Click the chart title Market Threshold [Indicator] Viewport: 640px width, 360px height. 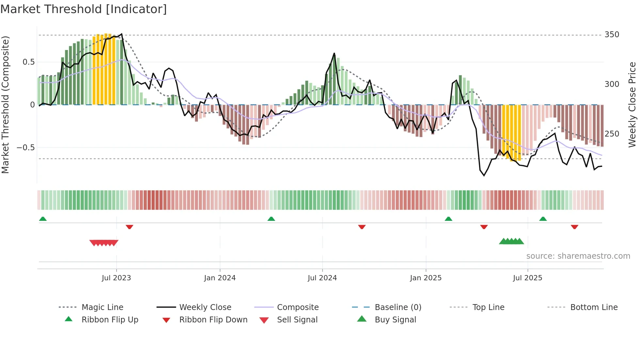pyautogui.click(x=84, y=9)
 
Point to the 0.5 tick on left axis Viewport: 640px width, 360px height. pyautogui.click(x=28, y=62)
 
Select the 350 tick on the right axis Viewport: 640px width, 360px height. pyautogui.click(x=612, y=35)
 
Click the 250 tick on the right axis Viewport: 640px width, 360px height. pyautogui.click(x=612, y=134)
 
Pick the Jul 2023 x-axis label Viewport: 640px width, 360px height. pyautogui.click(x=116, y=278)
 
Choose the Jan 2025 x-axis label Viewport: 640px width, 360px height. pyautogui.click(x=425, y=278)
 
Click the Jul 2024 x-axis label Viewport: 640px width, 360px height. pyautogui.click(x=322, y=278)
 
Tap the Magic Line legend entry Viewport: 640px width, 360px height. pyautogui.click(x=102, y=307)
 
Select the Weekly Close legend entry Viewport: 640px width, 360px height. pyautogui.click(x=205, y=307)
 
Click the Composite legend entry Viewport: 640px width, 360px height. pyautogui.click(x=297, y=307)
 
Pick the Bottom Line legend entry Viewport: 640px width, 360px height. pyautogui.click(x=594, y=307)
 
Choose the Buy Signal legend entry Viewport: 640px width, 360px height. pyautogui.click(x=395, y=320)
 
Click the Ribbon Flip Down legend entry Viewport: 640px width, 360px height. pyautogui.click(x=213, y=320)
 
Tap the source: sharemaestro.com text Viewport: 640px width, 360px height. pyautogui.click(x=578, y=256)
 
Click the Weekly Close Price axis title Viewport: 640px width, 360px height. pyautogui.click(x=632, y=105)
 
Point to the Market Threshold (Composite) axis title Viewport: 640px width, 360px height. pyautogui.click(x=5, y=105)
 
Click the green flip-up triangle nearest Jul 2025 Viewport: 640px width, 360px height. pyautogui.click(x=543, y=219)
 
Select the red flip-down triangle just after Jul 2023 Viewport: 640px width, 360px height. pyautogui.click(x=129, y=227)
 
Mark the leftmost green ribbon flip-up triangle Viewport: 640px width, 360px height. pyautogui.click(x=43, y=219)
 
